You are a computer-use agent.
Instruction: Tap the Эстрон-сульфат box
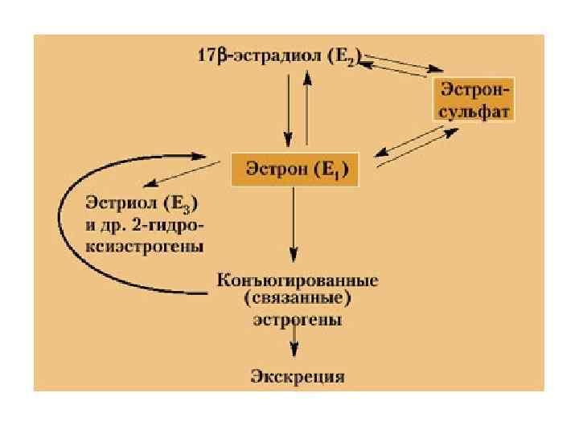pyautogui.click(x=473, y=99)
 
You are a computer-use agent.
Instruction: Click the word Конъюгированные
pyautogui.click(x=298, y=281)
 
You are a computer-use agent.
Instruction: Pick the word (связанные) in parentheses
pyautogui.click(x=297, y=300)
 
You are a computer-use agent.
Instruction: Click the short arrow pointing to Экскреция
pyautogui.click(x=295, y=343)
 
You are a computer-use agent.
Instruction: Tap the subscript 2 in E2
pyautogui.click(x=352, y=62)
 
